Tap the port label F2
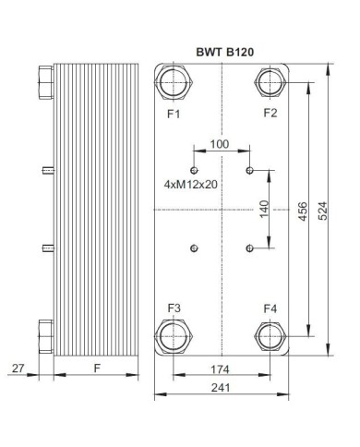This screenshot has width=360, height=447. coord(270,114)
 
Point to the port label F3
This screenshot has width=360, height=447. coord(173,308)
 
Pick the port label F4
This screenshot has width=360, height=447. coord(270,308)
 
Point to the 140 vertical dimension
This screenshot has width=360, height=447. coord(265,209)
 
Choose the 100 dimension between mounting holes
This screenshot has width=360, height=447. coord(220,144)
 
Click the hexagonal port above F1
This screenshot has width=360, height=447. coord(174,85)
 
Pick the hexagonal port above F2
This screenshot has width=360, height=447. coord(270,85)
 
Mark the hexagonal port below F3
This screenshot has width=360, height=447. coord(174,335)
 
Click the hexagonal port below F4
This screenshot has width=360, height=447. coord(270,335)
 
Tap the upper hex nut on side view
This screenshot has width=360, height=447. coord(46,86)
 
